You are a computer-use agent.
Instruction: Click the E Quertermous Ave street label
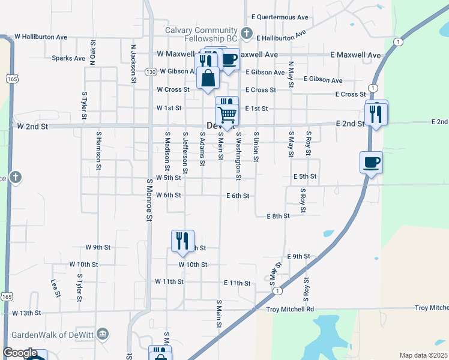point(280,17)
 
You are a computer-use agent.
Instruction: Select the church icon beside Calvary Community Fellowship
point(246,32)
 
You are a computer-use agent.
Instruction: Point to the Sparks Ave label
point(68,58)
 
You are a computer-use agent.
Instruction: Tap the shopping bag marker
point(208,79)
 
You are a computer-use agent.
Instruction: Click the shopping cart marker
point(227,113)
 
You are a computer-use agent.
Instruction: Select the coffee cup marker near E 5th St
point(371,161)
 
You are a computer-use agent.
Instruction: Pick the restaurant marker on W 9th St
point(182,241)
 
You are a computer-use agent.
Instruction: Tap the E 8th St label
point(278,215)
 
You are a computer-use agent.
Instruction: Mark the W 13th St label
point(26,313)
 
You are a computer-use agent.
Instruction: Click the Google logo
point(19,353)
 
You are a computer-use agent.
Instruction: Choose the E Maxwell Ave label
point(355,55)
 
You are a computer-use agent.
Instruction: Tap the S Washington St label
point(238,156)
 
